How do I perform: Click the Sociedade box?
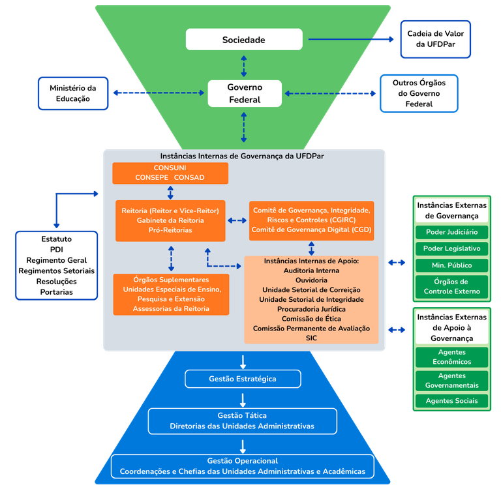[244, 40]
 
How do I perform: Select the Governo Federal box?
[244, 93]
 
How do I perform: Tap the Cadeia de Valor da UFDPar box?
[435, 39]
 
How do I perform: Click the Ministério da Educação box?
[72, 94]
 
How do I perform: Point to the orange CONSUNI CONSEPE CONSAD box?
[170, 173]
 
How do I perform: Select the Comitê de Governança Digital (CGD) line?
[311, 230]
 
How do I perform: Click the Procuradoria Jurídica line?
[311, 308]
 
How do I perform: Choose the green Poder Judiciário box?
[451, 232]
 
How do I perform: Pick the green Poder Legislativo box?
[451, 248]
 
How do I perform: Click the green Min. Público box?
[451, 265]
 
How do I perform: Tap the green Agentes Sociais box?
[451, 400]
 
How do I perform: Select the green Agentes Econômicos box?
[451, 357]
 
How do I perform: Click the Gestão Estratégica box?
[243, 379]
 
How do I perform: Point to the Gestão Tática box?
[242, 421]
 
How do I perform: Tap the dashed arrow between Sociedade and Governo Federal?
[244, 65]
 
